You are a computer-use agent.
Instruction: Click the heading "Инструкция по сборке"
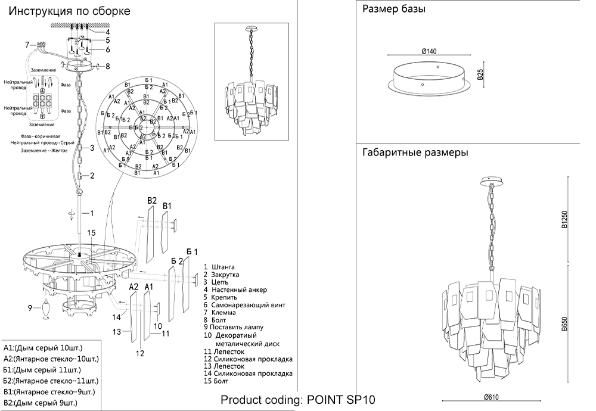click(70, 11)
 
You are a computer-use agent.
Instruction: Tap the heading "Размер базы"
click(393, 10)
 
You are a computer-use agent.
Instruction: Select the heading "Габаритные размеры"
click(415, 152)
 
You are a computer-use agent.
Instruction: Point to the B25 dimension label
click(480, 74)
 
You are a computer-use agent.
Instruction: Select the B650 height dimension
click(563, 325)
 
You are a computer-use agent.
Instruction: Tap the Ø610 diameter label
click(492, 397)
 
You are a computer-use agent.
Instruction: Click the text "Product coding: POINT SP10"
click(298, 400)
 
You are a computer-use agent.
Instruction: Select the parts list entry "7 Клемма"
click(219, 312)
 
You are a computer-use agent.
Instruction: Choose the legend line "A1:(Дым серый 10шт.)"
click(43, 347)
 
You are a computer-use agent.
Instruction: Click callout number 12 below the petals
click(139, 353)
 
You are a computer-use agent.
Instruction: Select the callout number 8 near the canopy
click(107, 67)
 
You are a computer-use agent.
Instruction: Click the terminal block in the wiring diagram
click(42, 103)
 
